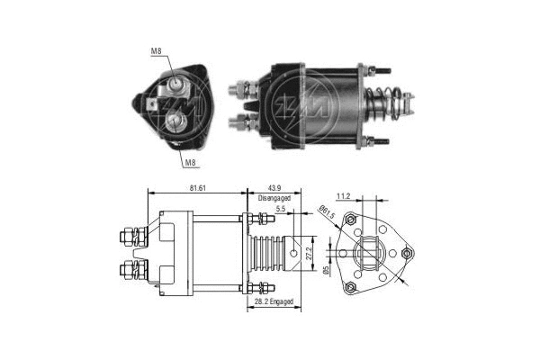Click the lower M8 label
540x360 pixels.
[x=190, y=163]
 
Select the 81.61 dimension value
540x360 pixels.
[x=200, y=187]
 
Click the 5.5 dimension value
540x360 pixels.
[x=283, y=209]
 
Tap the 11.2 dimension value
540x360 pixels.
[x=344, y=194]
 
